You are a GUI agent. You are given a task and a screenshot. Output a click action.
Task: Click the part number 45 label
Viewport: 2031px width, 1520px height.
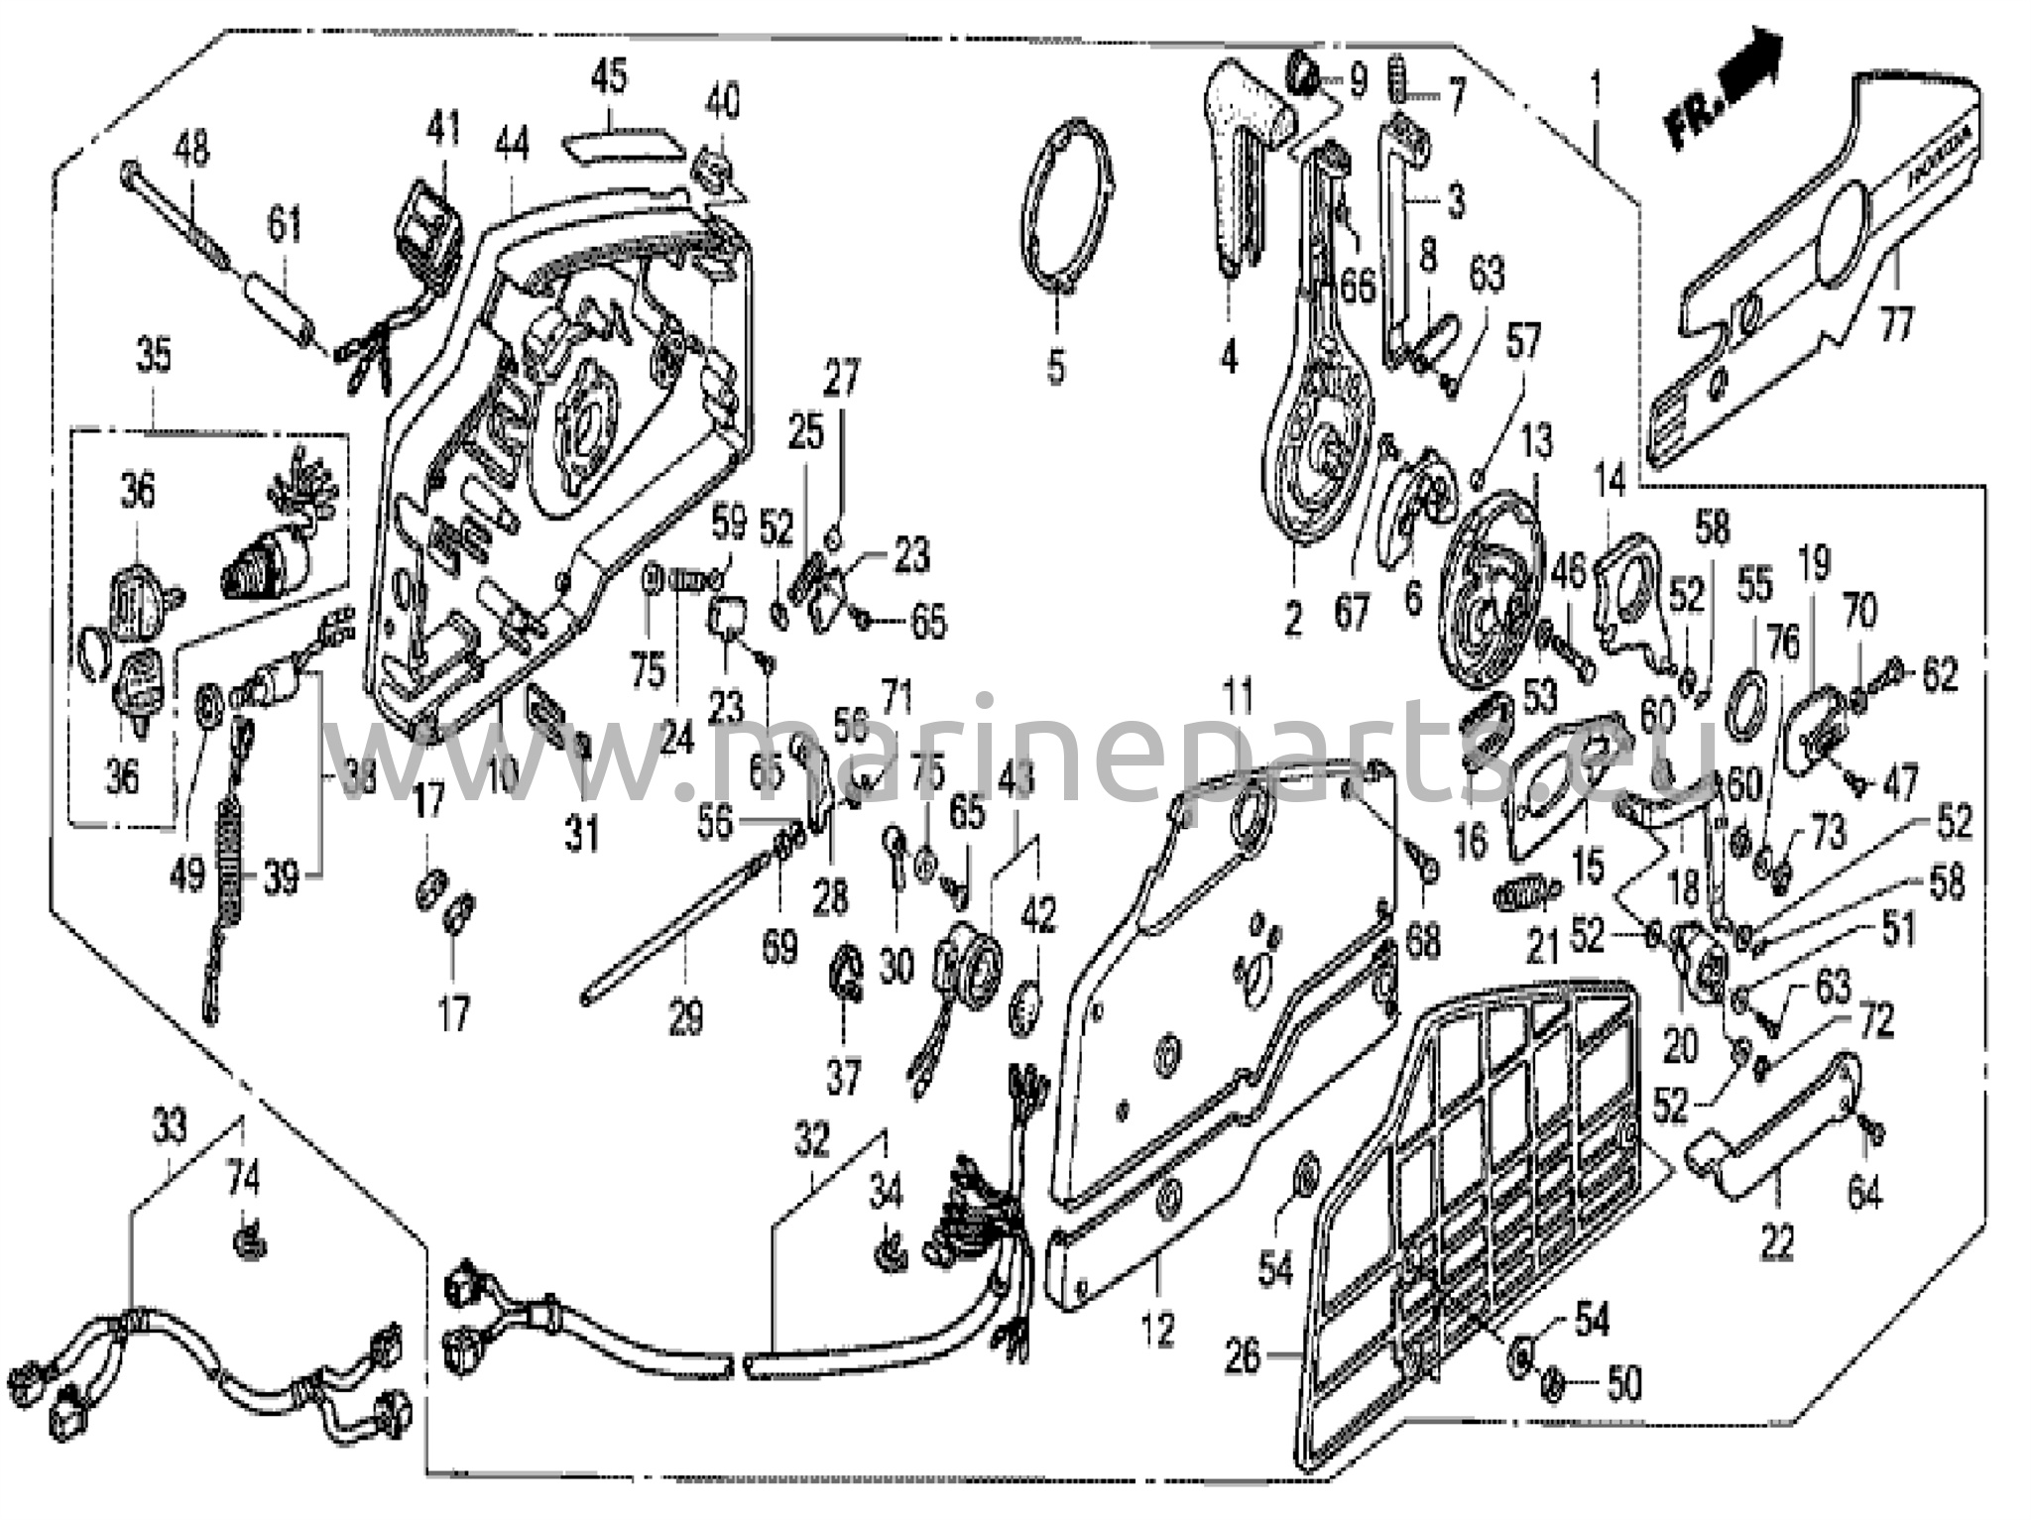coord(610,76)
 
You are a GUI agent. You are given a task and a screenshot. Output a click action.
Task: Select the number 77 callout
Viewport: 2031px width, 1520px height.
coord(1895,324)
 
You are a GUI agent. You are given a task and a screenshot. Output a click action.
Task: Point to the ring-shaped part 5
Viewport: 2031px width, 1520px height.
coord(1064,211)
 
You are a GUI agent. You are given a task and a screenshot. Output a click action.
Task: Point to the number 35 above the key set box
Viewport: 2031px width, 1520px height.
coord(154,354)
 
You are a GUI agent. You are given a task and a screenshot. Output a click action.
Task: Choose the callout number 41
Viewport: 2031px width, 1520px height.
coord(443,129)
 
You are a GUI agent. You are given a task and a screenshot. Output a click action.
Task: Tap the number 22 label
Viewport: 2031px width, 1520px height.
coord(1775,1242)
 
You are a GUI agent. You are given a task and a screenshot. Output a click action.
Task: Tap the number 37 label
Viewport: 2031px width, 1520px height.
coord(843,1076)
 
